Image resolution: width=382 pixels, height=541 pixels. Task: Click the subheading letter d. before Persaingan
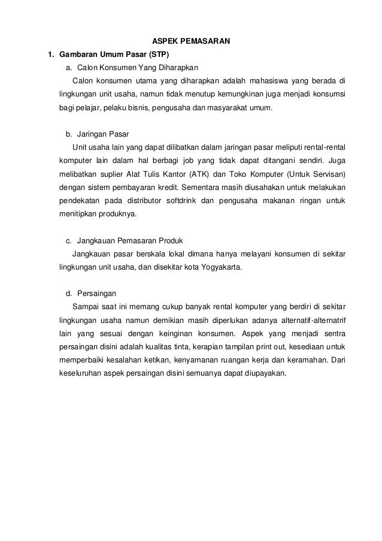pyautogui.click(x=68, y=294)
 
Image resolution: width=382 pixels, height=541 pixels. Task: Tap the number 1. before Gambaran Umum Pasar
pyautogui.click(x=51, y=55)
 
